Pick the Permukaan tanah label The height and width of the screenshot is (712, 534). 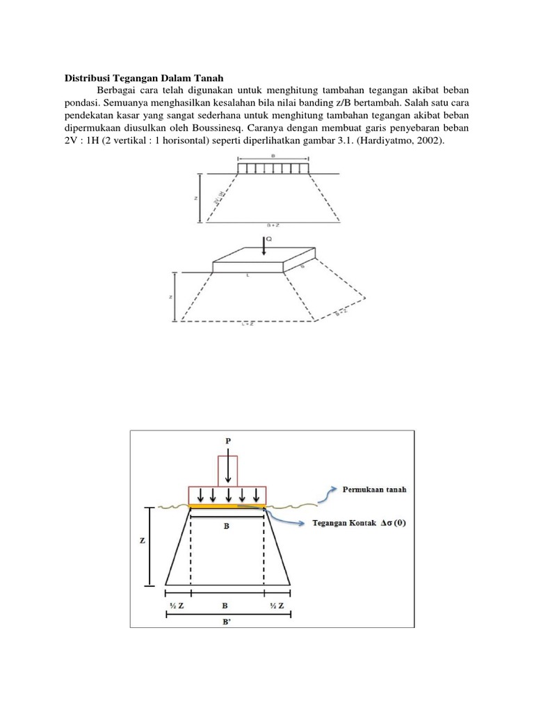tap(375, 489)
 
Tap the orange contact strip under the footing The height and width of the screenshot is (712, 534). tap(228, 507)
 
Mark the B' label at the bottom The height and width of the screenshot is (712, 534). tap(228, 624)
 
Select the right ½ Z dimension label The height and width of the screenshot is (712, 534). tap(277, 606)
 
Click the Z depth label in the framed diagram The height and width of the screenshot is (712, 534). tap(142, 540)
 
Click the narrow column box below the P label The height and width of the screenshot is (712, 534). tap(228, 471)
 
